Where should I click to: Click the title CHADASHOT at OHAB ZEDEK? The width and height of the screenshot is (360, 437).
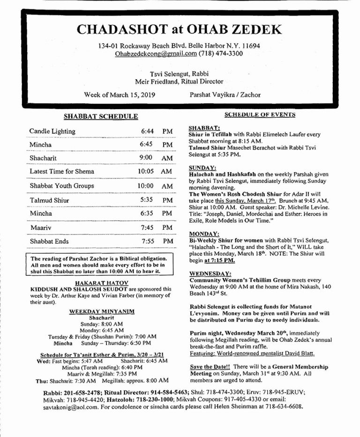click(x=180, y=30)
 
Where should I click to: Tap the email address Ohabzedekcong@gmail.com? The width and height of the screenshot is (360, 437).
click(x=156, y=54)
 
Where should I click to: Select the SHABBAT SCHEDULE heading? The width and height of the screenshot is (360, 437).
click(x=101, y=116)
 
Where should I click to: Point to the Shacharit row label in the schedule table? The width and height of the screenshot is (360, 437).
click(x=43, y=158)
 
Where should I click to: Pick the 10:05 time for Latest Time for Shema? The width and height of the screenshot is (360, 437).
click(x=146, y=171)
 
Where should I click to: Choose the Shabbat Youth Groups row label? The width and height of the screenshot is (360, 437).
click(x=61, y=186)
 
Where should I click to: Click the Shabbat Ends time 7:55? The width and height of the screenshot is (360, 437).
click(x=148, y=241)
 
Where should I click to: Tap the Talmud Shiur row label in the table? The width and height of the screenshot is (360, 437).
click(x=49, y=200)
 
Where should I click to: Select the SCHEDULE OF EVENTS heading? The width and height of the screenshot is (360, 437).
click(x=260, y=115)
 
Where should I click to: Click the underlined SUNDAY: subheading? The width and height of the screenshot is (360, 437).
click(x=202, y=167)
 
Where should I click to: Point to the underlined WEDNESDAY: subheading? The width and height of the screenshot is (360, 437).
click(x=210, y=273)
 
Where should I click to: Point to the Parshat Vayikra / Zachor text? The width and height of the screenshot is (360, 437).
click(x=225, y=95)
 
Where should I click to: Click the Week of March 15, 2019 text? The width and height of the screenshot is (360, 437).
click(x=120, y=95)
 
